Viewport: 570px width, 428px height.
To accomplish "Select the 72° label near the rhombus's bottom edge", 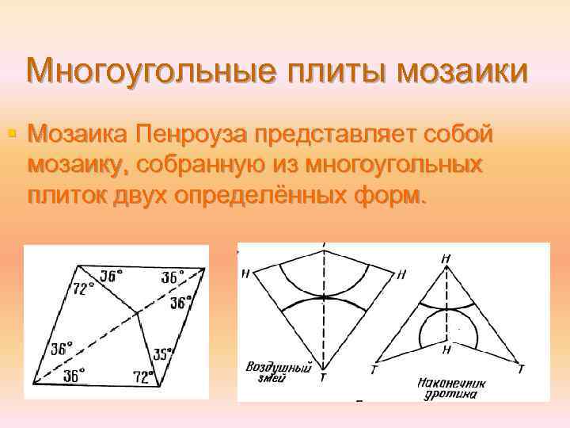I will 144,377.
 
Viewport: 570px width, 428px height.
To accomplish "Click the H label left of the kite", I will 246,273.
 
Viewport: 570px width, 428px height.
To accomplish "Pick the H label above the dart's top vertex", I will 447,258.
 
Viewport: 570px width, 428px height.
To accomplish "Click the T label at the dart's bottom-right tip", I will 520,369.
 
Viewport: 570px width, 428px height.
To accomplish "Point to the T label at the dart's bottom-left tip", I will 374,369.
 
